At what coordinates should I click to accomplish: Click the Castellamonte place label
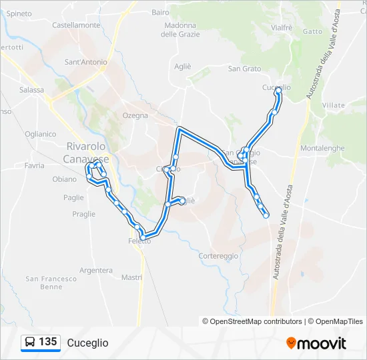point(76,25)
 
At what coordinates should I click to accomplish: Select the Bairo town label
point(160,12)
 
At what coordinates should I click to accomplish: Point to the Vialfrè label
point(282,27)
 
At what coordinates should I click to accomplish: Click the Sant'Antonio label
point(85,63)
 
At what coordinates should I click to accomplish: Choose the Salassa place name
point(31,89)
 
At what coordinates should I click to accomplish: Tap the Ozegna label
point(135,115)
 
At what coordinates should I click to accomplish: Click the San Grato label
point(244,69)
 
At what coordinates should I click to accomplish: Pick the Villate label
point(333,105)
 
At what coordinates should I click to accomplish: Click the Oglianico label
point(40,133)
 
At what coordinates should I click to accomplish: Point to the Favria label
point(34,165)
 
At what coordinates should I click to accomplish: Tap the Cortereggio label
point(218,256)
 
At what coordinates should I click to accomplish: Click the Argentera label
point(95,270)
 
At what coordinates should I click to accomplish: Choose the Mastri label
point(132,277)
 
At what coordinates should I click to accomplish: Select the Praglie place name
point(83,214)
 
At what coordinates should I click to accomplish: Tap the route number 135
point(47,342)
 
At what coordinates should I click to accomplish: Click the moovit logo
point(316,343)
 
